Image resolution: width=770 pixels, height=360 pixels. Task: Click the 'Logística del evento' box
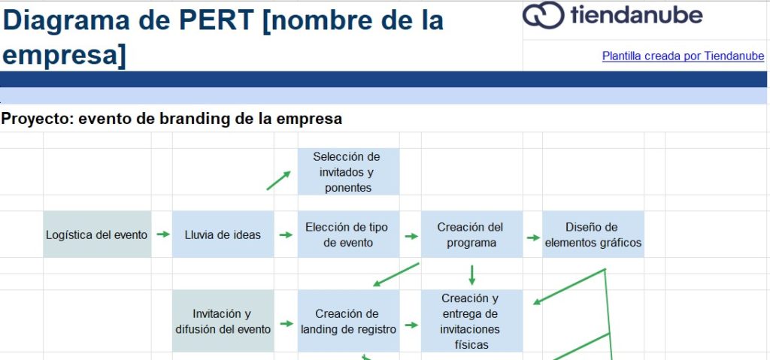point(97,234)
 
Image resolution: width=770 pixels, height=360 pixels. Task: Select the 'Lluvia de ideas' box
point(223,234)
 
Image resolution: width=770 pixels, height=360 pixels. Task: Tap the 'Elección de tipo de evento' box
point(348,234)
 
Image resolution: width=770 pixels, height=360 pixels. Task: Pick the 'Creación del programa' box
point(471,234)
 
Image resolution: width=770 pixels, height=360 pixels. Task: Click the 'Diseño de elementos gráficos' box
point(593,234)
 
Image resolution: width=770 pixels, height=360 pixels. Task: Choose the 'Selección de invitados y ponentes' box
point(348,171)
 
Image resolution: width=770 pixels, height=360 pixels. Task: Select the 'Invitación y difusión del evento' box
point(223,321)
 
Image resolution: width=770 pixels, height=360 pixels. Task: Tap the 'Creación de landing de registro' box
point(348,321)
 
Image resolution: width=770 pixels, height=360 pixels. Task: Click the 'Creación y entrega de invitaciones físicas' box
point(471,321)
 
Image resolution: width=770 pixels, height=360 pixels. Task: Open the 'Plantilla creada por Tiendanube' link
point(683,56)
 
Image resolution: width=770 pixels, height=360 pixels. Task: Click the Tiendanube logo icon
point(543,16)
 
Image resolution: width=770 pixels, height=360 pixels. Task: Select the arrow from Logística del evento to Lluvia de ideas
point(162,234)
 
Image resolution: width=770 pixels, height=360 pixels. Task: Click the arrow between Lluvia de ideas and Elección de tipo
point(286,234)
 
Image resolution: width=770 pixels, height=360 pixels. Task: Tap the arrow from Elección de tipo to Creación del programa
point(411,235)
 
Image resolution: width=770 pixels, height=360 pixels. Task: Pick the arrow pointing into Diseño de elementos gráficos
point(533,237)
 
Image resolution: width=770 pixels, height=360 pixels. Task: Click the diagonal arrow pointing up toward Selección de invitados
point(278,180)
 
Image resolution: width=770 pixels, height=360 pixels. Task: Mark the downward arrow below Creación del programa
point(471,274)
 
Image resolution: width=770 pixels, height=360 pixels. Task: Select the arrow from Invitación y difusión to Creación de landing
point(286,325)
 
